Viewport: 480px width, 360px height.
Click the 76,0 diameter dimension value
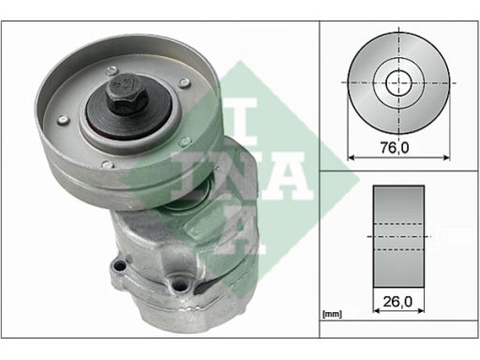coord(395,147)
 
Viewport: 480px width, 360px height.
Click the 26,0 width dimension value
coord(397,302)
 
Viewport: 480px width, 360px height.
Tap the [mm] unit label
coord(332,314)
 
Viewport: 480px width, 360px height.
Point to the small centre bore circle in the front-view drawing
coord(399,82)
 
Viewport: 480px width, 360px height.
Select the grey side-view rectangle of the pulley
coord(398,236)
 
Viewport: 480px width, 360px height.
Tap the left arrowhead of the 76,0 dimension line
coord(351,157)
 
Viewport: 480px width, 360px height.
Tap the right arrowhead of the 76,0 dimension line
coord(446,157)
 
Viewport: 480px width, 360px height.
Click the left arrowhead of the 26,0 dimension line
coord(376,310)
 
